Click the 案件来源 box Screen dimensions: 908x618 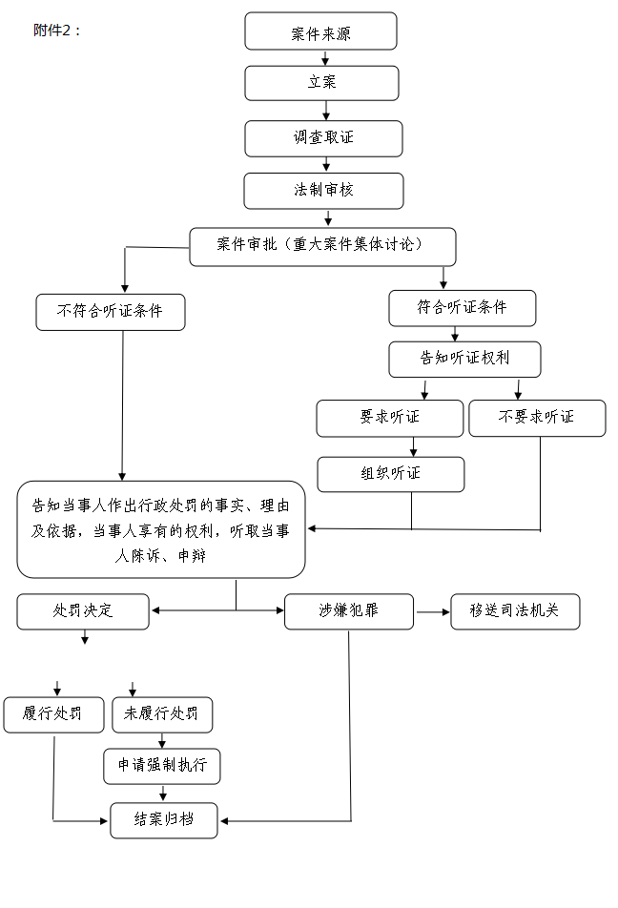(x=320, y=31)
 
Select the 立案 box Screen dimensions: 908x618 (x=321, y=83)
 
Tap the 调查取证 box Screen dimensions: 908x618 (x=323, y=138)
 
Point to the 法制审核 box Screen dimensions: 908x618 (x=323, y=191)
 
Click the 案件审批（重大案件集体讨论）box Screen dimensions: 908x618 (x=321, y=246)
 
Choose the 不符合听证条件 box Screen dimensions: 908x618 (x=111, y=312)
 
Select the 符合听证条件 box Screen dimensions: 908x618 (x=462, y=308)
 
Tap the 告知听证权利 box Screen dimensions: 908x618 (x=464, y=360)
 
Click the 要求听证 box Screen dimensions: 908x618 (x=389, y=418)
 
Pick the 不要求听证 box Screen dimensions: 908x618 (x=536, y=418)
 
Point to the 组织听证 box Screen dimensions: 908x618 (x=390, y=474)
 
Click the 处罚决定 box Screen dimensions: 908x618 (x=83, y=611)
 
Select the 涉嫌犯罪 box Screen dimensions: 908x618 (x=348, y=611)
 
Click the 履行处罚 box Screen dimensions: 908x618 (x=53, y=714)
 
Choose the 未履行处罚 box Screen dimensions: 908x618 (x=161, y=714)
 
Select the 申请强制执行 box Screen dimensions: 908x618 (x=161, y=766)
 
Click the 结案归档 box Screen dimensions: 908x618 (x=163, y=820)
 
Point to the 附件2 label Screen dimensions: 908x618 (x=57, y=30)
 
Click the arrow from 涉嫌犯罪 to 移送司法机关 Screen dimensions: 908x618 (x=432, y=611)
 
